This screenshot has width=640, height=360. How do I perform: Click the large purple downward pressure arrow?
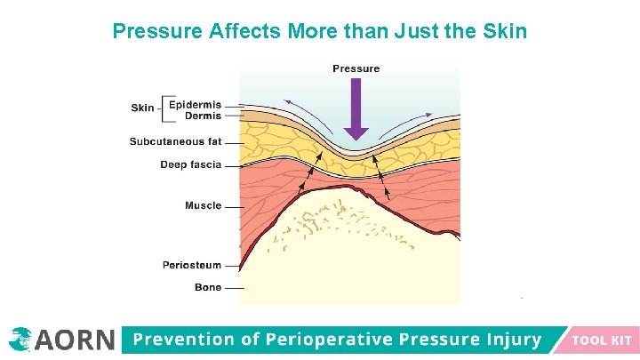coord(356,108)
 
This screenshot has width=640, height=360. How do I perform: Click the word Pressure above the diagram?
coord(356,68)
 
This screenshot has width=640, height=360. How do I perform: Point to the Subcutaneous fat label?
coord(175,141)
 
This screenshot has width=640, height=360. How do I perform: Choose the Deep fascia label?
coord(190,164)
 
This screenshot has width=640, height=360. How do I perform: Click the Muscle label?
coord(203,205)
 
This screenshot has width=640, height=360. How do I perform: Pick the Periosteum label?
coord(191,265)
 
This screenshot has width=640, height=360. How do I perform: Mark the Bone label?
coord(207,287)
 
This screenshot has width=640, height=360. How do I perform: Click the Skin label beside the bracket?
coord(142,108)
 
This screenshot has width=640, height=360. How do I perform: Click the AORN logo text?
coord(75,340)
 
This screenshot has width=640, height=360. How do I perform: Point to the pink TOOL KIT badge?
coord(601,340)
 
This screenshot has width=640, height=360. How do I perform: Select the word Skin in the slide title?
coord(505,32)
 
